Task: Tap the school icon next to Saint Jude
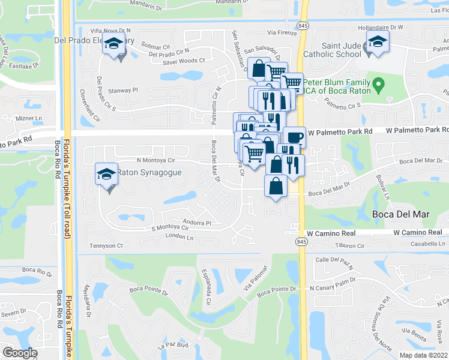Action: [376, 43]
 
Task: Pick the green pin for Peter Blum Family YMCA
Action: [378, 86]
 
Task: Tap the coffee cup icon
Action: [294, 137]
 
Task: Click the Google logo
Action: [20, 352]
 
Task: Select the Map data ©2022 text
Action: [423, 355]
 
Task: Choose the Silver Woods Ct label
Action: [184, 61]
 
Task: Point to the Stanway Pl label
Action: [123, 90]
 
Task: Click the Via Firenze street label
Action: [282, 33]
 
